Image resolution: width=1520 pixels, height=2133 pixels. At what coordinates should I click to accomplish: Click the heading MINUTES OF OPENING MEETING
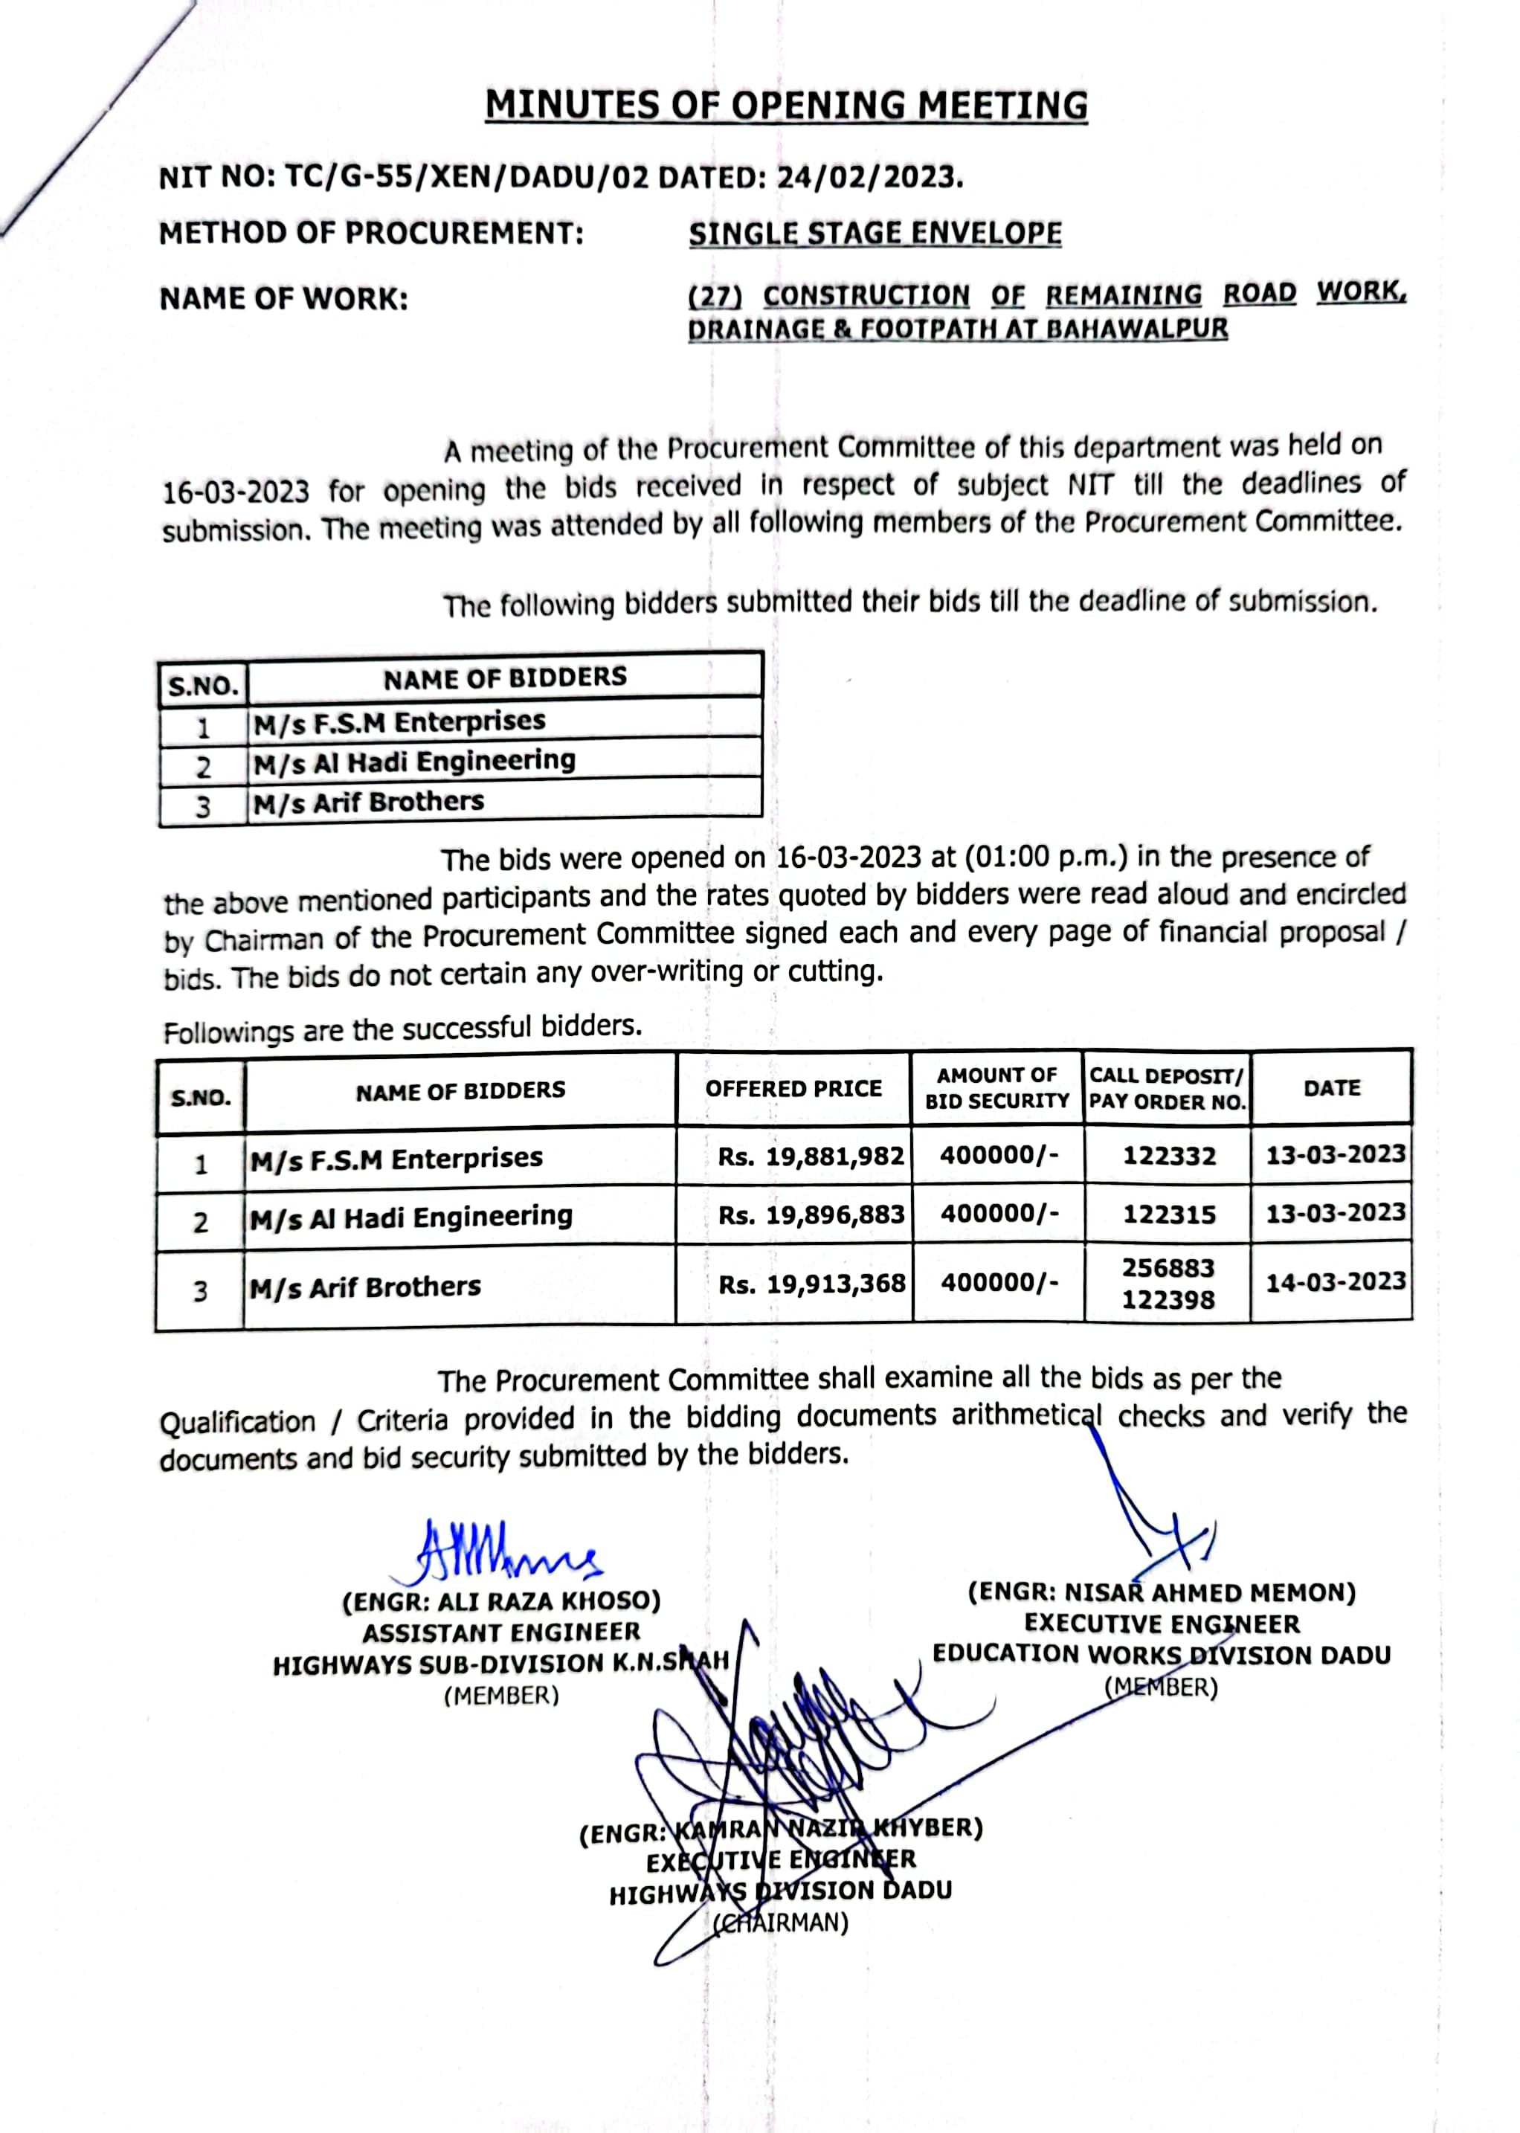(785, 105)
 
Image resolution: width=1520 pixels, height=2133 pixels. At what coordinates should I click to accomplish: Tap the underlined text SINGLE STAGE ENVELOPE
(875, 233)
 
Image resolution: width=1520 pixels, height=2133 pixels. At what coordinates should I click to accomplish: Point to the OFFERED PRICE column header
(793, 1089)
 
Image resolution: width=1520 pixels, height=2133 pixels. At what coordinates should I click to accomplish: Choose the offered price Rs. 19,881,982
(811, 1156)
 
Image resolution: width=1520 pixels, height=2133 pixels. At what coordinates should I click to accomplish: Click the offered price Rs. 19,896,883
(811, 1215)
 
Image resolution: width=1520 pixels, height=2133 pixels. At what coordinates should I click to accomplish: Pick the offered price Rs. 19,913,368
(811, 1284)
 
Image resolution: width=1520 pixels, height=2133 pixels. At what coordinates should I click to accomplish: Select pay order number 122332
(1169, 1156)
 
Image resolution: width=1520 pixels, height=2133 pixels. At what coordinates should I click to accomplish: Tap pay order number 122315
(1169, 1215)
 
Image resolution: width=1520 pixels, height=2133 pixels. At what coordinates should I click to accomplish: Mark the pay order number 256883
(1168, 1268)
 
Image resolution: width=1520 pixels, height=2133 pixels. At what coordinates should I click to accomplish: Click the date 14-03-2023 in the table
(1336, 1281)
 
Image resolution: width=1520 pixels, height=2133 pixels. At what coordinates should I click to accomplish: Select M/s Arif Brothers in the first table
(368, 802)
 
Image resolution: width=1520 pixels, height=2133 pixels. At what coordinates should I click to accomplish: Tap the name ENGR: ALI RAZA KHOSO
(502, 1601)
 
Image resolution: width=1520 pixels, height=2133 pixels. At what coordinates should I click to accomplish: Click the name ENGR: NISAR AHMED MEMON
(1162, 1593)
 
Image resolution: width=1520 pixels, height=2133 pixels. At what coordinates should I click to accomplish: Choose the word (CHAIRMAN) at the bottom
(781, 1923)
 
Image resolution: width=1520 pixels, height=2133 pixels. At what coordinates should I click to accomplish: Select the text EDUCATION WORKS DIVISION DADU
(1162, 1655)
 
